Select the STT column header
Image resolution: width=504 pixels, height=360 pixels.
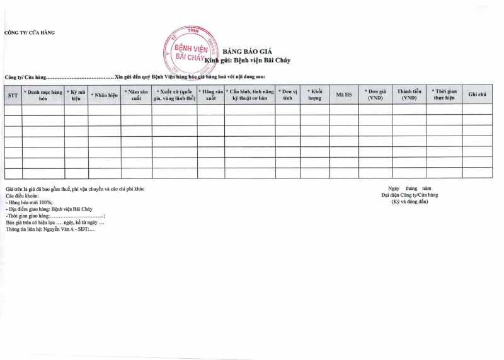click(13, 95)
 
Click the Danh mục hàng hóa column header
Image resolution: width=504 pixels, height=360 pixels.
click(43, 95)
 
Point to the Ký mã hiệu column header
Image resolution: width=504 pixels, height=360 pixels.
click(76, 95)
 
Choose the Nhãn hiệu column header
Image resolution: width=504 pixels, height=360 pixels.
click(105, 95)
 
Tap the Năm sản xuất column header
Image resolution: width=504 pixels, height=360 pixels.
click(136, 95)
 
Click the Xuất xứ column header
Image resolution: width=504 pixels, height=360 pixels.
click(175, 95)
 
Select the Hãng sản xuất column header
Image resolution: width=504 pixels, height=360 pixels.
click(210, 95)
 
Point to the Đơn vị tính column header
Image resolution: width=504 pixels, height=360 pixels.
click(288, 95)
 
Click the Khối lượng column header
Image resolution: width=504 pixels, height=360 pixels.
click(314, 95)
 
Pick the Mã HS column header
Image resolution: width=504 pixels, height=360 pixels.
click(344, 95)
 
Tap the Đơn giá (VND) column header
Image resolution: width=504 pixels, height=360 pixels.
click(375, 95)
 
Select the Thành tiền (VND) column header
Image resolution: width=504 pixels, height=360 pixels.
click(409, 95)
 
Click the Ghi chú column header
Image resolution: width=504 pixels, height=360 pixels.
click(477, 95)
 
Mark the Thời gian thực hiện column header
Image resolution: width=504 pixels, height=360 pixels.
click(444, 95)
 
